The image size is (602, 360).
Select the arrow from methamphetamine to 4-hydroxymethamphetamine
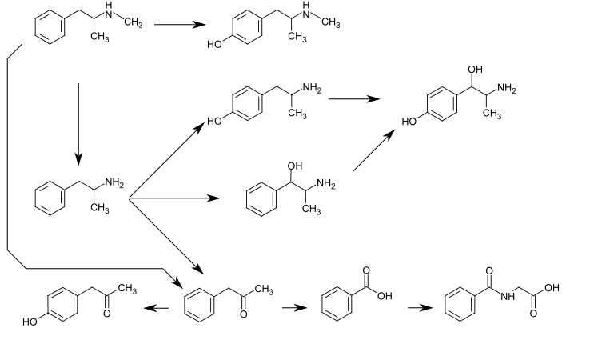point(179,24)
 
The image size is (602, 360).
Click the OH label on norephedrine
point(295,166)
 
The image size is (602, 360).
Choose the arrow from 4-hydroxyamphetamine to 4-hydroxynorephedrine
point(353,99)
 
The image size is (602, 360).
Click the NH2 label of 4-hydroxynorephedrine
point(505,89)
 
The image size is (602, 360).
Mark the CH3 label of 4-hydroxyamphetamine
point(297,114)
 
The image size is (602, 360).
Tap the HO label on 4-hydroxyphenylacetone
point(31,322)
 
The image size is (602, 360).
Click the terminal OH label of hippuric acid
point(551,288)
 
